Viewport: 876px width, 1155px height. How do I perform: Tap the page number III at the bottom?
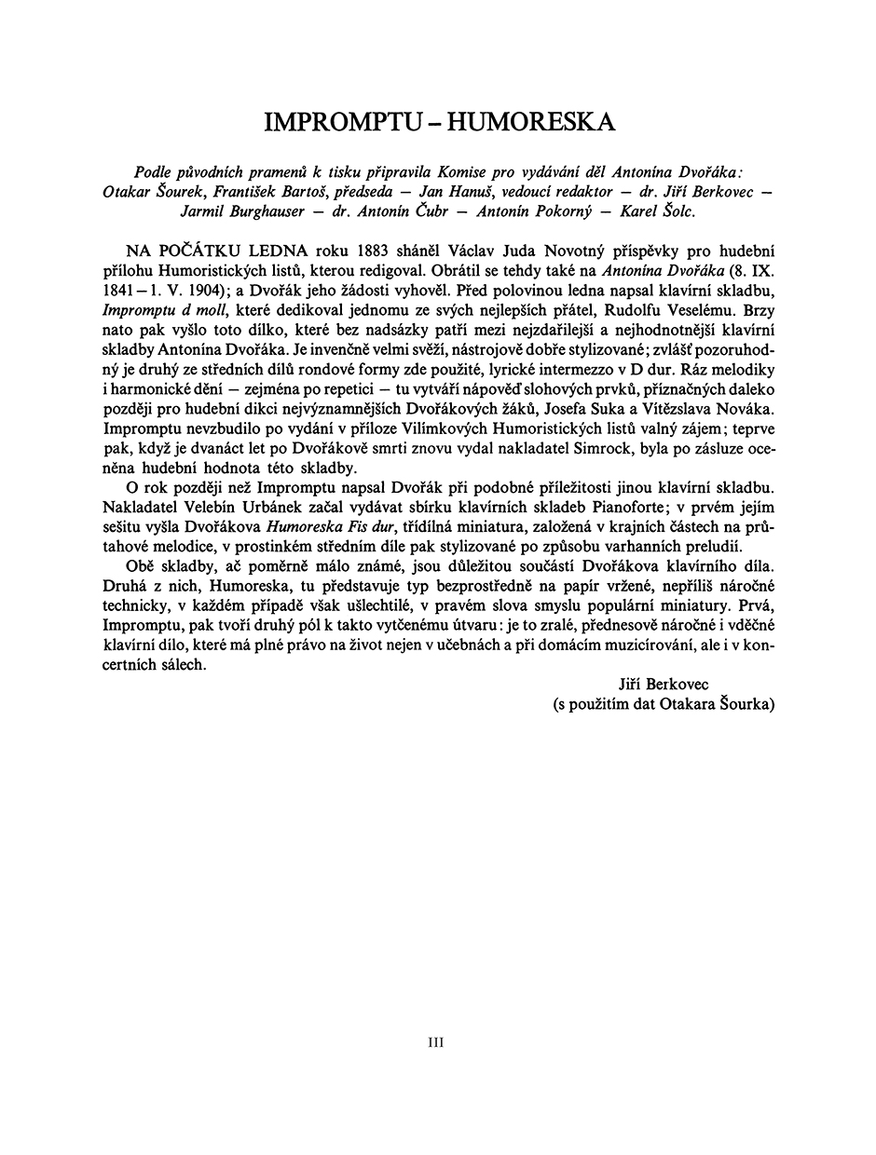click(436, 1042)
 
